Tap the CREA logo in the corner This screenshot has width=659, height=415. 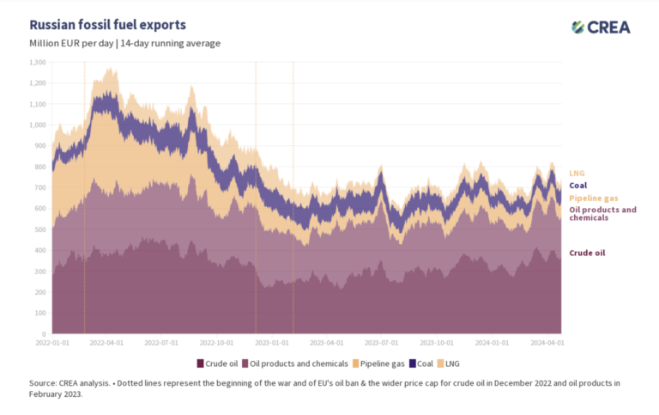[x=601, y=27]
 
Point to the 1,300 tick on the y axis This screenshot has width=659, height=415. [x=38, y=63]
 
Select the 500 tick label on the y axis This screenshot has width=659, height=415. [x=40, y=229]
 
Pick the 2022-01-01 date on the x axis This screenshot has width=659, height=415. [x=53, y=342]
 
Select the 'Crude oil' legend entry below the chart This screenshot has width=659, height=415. [x=218, y=363]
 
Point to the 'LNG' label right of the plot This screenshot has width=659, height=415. [x=577, y=173]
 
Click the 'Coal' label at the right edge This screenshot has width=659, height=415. [x=579, y=185]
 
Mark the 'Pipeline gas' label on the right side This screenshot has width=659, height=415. [x=596, y=198]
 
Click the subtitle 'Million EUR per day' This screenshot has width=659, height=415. [x=70, y=43]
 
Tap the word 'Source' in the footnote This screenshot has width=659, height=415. [x=43, y=382]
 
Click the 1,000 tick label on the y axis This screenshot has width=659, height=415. [x=38, y=125]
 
